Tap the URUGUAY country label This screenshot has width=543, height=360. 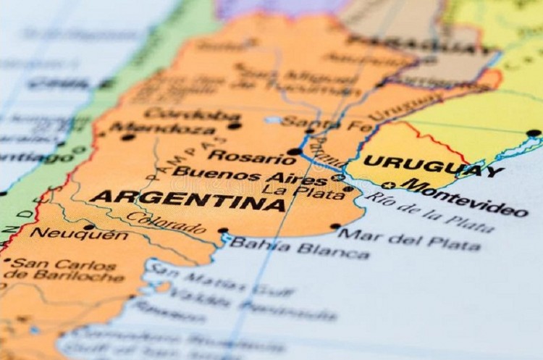point(432,166)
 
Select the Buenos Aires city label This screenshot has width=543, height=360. point(251,175)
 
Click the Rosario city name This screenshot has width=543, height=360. point(243,156)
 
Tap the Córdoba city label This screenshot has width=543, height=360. point(191,114)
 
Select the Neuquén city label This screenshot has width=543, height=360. point(79,233)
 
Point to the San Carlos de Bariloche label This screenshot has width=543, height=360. point(67,269)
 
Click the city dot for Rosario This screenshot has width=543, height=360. point(293,151)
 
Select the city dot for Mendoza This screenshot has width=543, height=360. point(128,136)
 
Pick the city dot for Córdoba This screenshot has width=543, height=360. point(234,125)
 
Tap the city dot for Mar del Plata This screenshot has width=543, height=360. point(335,226)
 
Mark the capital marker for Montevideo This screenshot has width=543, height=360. point(389,185)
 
